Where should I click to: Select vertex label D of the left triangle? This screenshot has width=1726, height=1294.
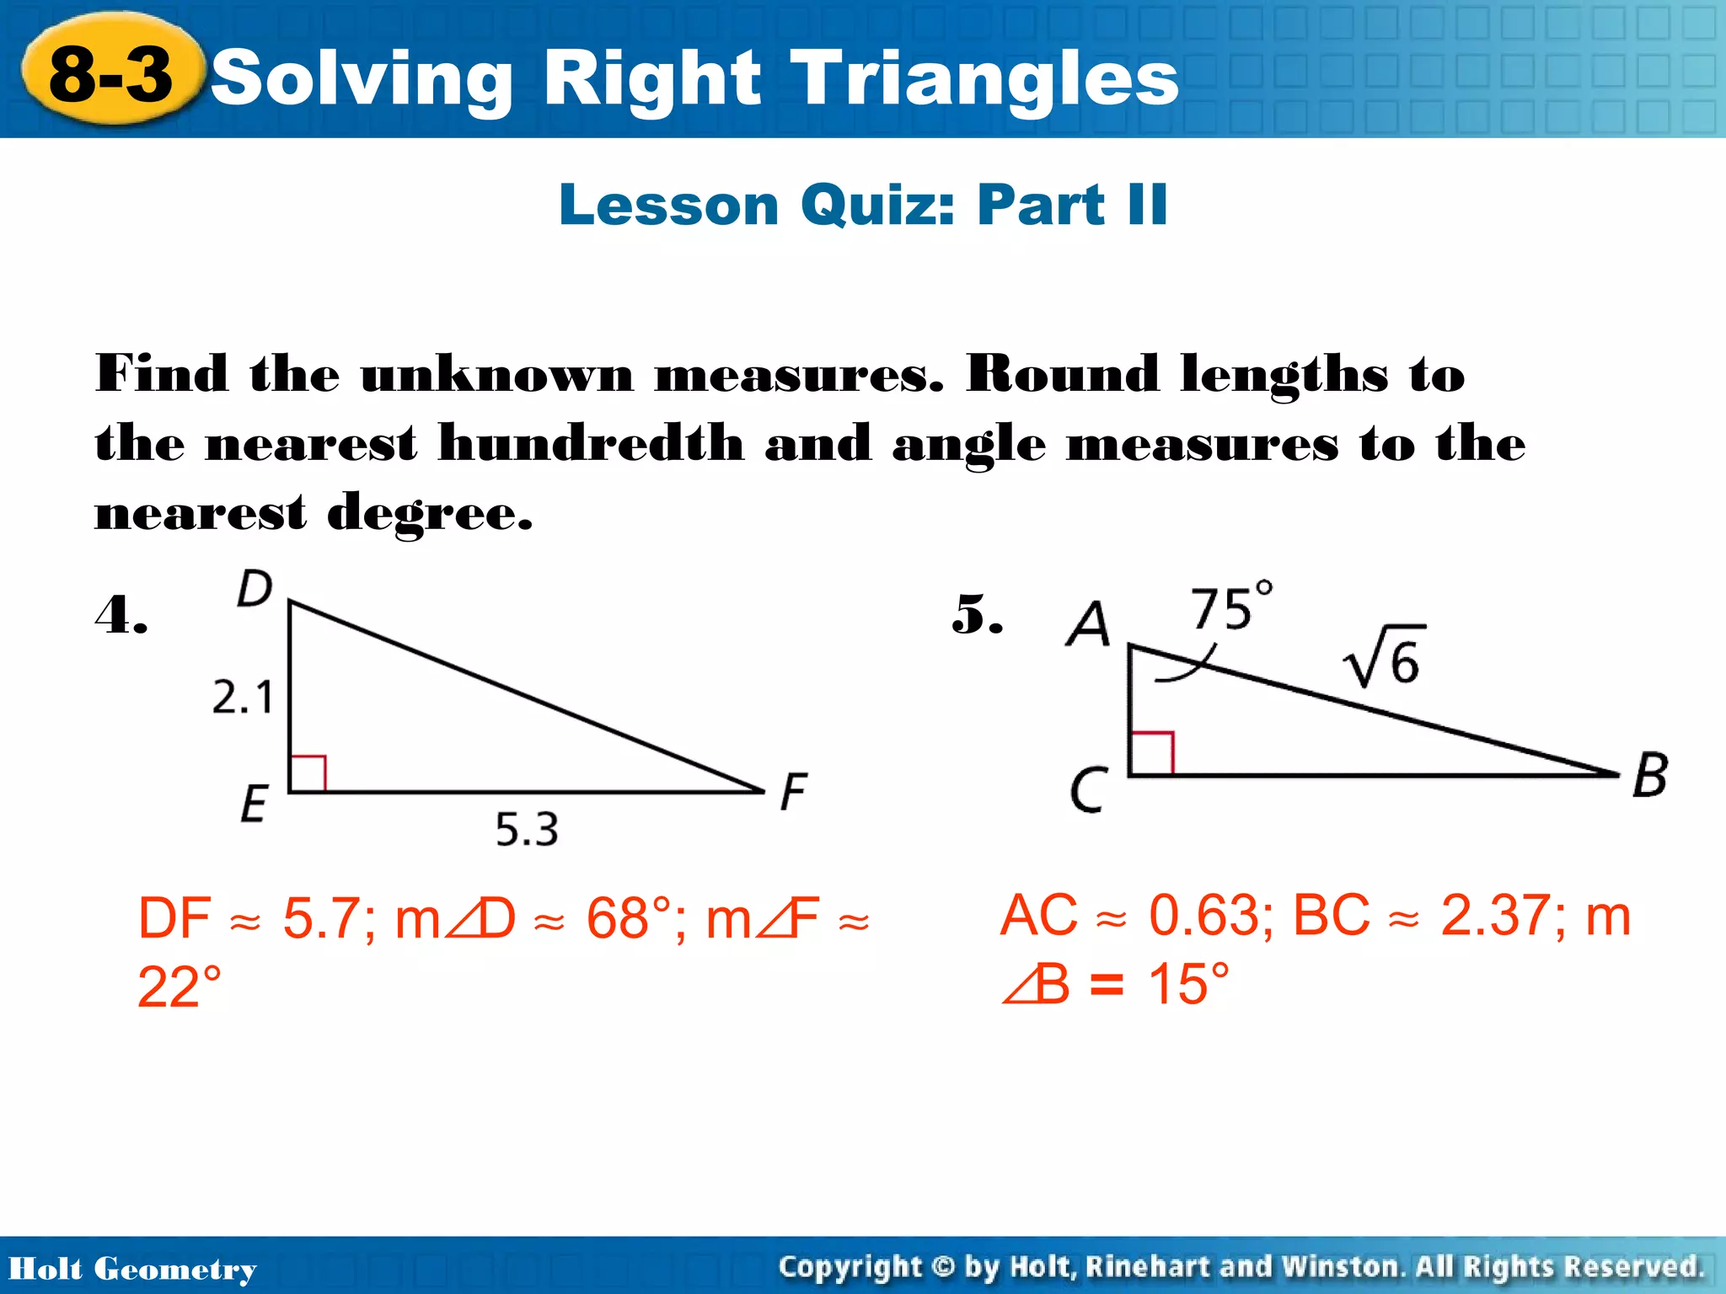(x=254, y=588)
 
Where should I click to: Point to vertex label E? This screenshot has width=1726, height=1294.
(x=254, y=803)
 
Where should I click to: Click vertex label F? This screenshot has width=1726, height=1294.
(x=793, y=792)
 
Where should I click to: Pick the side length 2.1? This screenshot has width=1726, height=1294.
(x=242, y=698)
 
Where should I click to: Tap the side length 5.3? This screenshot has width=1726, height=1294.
(x=526, y=830)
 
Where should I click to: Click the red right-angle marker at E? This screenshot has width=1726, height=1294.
(x=308, y=774)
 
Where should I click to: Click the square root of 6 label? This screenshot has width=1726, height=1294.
(x=1384, y=657)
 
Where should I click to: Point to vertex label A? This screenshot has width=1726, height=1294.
(x=1088, y=624)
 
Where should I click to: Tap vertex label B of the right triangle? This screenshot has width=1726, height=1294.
(x=1649, y=775)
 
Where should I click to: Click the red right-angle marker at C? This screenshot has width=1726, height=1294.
(x=1152, y=753)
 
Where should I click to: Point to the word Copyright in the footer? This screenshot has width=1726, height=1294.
(x=850, y=1267)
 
